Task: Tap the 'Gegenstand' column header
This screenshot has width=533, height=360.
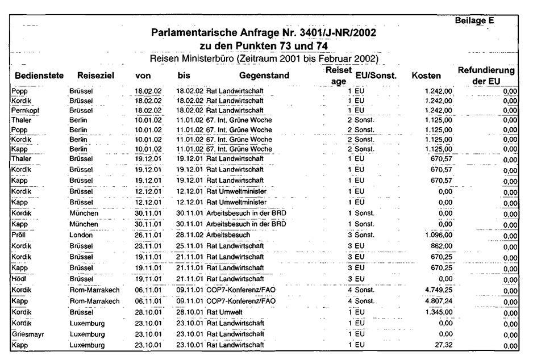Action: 264,76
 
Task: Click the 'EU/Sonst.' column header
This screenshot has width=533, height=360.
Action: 374,76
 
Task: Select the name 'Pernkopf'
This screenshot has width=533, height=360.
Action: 24,110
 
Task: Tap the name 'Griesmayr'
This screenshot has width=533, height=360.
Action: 27,334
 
